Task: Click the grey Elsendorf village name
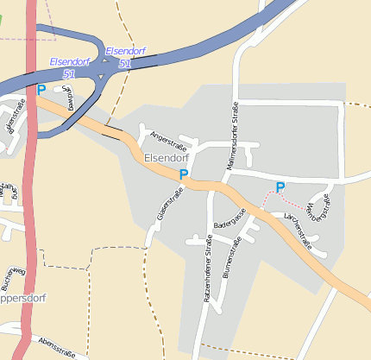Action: coord(167,158)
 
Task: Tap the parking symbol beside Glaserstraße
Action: coord(183,174)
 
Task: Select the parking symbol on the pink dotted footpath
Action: coord(280,186)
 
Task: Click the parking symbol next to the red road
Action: coord(41,89)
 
